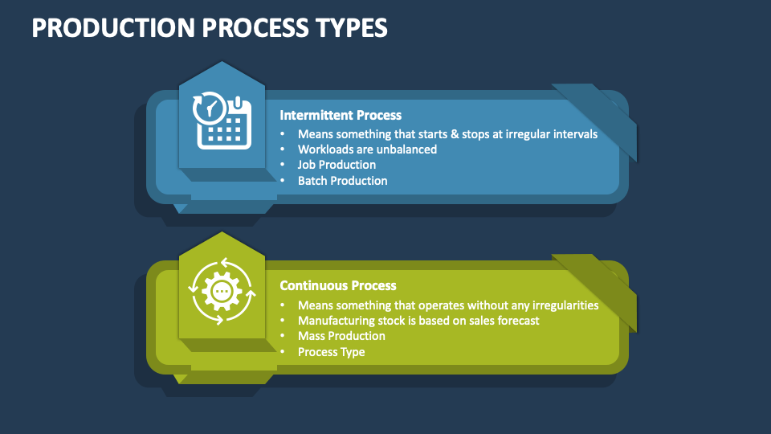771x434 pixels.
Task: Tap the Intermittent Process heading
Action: click(341, 115)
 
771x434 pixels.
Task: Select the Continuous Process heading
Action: click(338, 285)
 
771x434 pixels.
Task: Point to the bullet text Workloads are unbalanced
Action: click(367, 149)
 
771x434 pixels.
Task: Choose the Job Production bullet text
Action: click(337, 165)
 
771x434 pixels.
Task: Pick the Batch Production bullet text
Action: click(342, 181)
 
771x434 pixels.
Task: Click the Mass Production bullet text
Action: click(341, 336)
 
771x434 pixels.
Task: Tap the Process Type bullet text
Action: click(331, 352)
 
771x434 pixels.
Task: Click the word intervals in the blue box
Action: click(573, 134)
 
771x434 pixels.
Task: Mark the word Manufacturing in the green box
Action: click(337, 321)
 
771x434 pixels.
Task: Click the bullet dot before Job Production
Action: click(282, 165)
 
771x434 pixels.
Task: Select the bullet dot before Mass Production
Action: click(282, 336)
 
